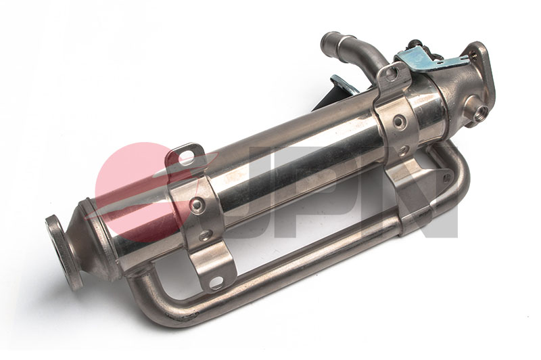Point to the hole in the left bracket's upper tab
click(x=185, y=158)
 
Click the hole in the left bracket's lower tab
click(x=216, y=282)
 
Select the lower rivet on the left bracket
click(x=205, y=235)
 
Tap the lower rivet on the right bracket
click(x=404, y=150)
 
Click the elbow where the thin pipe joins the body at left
click(x=139, y=284)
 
